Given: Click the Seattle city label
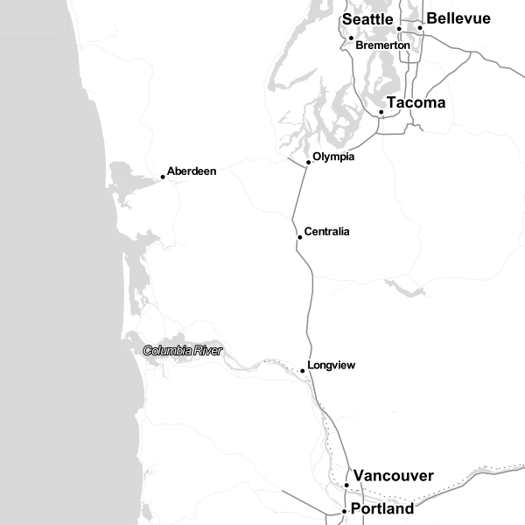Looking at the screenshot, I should pyautogui.click(x=367, y=19).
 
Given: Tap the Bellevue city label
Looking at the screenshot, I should pyautogui.click(x=458, y=19).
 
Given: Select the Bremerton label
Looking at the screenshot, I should pyautogui.click(x=382, y=45).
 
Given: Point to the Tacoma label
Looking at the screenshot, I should pyautogui.click(x=416, y=103).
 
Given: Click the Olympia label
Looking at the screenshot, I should pyautogui.click(x=333, y=157).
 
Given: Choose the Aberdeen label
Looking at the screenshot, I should pyautogui.click(x=191, y=171).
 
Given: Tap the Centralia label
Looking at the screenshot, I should pyautogui.click(x=326, y=232).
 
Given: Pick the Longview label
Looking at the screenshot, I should pyautogui.click(x=332, y=365).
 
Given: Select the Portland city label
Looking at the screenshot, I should pyautogui.click(x=382, y=508).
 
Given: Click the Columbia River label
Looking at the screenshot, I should pyautogui.click(x=183, y=351).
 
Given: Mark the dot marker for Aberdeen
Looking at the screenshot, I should pyautogui.click(x=163, y=178).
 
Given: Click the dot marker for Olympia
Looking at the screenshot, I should pyautogui.click(x=309, y=163).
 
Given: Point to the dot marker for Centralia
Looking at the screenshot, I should pyautogui.click(x=300, y=237).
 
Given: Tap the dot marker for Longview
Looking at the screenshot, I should pyautogui.click(x=303, y=371).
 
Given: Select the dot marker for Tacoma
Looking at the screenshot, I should pyautogui.click(x=381, y=112).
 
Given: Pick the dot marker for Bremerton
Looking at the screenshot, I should pyautogui.click(x=351, y=38).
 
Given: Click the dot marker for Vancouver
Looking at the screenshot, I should pyautogui.click(x=346, y=485).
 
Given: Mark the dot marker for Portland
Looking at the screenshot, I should pyautogui.click(x=344, y=511).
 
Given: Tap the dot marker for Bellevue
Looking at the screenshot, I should pyautogui.click(x=420, y=28).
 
